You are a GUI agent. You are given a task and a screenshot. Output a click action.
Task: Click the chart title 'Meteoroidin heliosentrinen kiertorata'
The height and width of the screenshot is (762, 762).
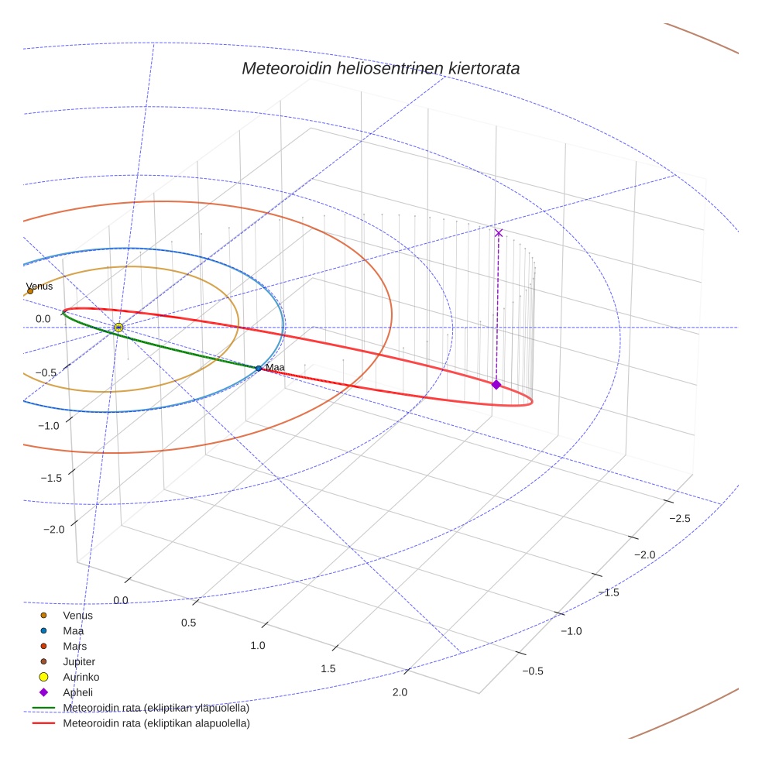[x=380, y=68]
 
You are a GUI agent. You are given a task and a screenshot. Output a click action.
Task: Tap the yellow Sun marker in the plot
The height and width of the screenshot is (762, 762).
[x=118, y=328]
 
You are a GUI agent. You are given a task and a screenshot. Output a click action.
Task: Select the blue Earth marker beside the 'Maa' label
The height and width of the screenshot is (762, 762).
[x=259, y=368]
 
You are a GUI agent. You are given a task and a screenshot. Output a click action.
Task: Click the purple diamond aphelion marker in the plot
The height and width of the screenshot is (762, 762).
[x=496, y=385]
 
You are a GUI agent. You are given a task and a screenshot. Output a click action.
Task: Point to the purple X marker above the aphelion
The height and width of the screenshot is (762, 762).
[x=499, y=232]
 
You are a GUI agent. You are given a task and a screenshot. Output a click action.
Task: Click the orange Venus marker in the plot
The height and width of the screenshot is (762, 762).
[x=30, y=291]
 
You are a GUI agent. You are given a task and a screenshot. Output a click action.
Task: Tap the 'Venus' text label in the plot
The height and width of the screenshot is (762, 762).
[x=39, y=286]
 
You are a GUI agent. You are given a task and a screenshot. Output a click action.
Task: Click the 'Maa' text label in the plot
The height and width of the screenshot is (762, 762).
[x=275, y=367]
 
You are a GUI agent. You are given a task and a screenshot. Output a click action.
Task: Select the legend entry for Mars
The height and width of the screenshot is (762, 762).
[x=74, y=646]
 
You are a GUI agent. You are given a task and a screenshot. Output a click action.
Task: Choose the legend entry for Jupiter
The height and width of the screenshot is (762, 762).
[x=79, y=661]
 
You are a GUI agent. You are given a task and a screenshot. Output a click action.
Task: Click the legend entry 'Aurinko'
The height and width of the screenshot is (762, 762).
[x=81, y=677]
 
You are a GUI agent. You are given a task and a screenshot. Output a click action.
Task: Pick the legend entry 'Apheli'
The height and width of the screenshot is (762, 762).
[x=77, y=692]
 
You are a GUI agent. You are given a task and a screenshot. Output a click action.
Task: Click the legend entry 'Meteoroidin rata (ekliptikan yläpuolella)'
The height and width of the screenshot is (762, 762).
[x=156, y=708]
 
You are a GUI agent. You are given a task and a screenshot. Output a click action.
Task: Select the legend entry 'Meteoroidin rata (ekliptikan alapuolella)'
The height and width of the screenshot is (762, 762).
[x=156, y=723]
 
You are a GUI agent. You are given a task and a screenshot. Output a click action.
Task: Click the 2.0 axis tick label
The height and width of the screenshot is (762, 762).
[x=400, y=692]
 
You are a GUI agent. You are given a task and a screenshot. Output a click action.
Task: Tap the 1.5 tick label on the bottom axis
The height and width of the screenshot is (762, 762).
[x=328, y=668]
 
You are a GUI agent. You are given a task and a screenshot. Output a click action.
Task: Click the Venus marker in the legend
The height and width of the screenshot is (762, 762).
[x=43, y=615]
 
